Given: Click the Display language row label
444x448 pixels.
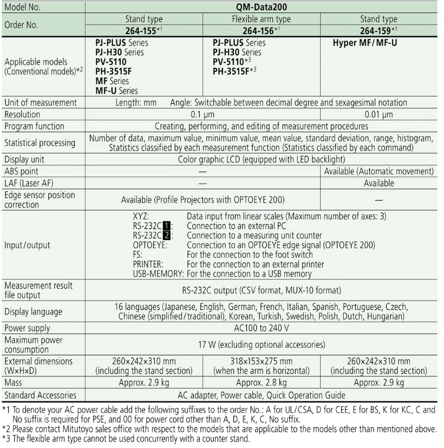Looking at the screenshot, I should point(33,312).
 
